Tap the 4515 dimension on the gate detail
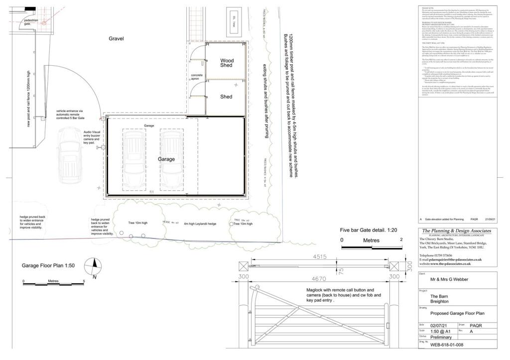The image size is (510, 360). [x=320, y=257]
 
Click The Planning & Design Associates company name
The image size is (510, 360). [x=456, y=232]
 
